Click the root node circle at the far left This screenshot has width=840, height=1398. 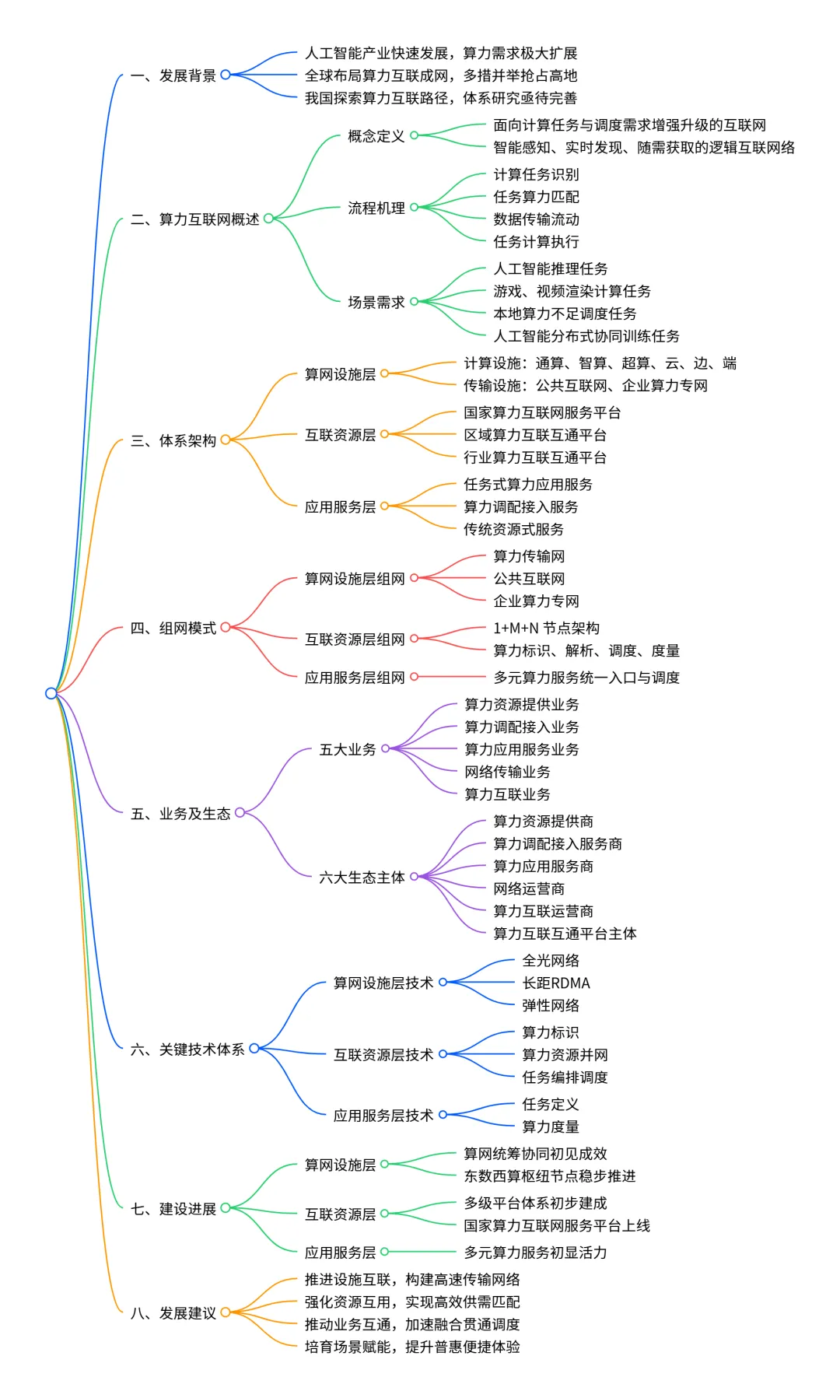(51, 693)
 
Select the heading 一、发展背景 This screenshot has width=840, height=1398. (173, 75)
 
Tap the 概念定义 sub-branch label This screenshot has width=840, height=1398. (376, 136)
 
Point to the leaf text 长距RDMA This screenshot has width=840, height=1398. (555, 983)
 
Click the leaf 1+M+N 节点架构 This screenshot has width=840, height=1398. (546, 628)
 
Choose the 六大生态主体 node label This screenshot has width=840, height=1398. (362, 878)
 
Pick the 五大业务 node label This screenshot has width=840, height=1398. (347, 749)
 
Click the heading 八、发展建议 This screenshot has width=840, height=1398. (173, 1313)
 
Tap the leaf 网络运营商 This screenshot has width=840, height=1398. (529, 888)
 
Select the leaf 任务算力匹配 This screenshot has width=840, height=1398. (536, 197)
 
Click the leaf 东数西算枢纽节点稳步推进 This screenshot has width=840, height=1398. (549, 1176)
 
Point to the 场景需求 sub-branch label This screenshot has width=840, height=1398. (376, 302)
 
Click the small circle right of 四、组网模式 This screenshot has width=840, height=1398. (226, 627)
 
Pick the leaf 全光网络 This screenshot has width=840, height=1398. (550, 961)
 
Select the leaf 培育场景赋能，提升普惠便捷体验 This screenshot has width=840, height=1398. (412, 1347)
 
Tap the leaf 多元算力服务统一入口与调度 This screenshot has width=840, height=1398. (586, 678)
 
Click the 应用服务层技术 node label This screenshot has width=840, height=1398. (383, 1116)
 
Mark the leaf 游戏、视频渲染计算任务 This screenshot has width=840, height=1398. (572, 291)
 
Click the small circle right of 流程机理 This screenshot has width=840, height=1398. (415, 207)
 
